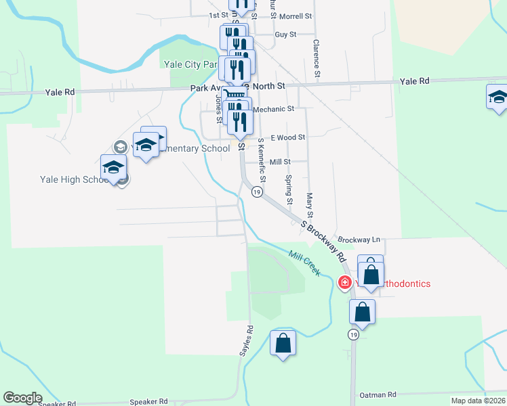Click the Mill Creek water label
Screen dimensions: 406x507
pyautogui.click(x=304, y=263)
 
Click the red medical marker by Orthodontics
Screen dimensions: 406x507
pyautogui.click(x=344, y=283)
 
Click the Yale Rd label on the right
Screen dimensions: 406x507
pyautogui.click(x=415, y=81)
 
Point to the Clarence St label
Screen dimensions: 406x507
pyautogui.click(x=316, y=57)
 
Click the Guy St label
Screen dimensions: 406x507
pyautogui.click(x=285, y=34)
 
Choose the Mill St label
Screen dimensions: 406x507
pyautogui.click(x=279, y=162)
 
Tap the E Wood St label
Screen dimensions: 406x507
pyautogui.click(x=287, y=137)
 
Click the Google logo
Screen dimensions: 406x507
pyautogui.click(x=22, y=398)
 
